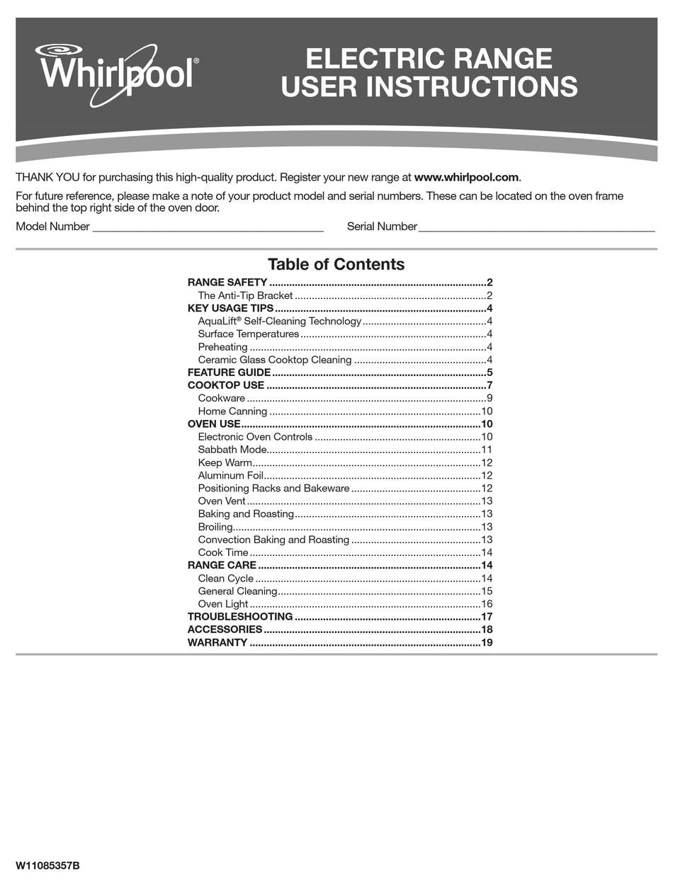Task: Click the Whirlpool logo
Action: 117,74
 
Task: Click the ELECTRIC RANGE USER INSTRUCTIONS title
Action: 429,73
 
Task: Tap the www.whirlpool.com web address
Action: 467,177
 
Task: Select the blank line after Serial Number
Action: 536,228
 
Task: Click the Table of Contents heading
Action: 336,264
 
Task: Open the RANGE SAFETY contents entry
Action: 227,282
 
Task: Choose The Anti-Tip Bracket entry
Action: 245,295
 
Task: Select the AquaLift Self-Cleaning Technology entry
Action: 280,321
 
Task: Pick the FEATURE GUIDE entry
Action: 229,372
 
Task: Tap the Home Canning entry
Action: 232,411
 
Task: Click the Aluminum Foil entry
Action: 231,475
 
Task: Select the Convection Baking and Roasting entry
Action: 273,540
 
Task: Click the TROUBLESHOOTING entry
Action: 239,617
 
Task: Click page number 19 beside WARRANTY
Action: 486,643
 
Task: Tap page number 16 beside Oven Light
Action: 486,604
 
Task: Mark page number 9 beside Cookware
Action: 489,398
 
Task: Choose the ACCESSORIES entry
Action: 225,630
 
